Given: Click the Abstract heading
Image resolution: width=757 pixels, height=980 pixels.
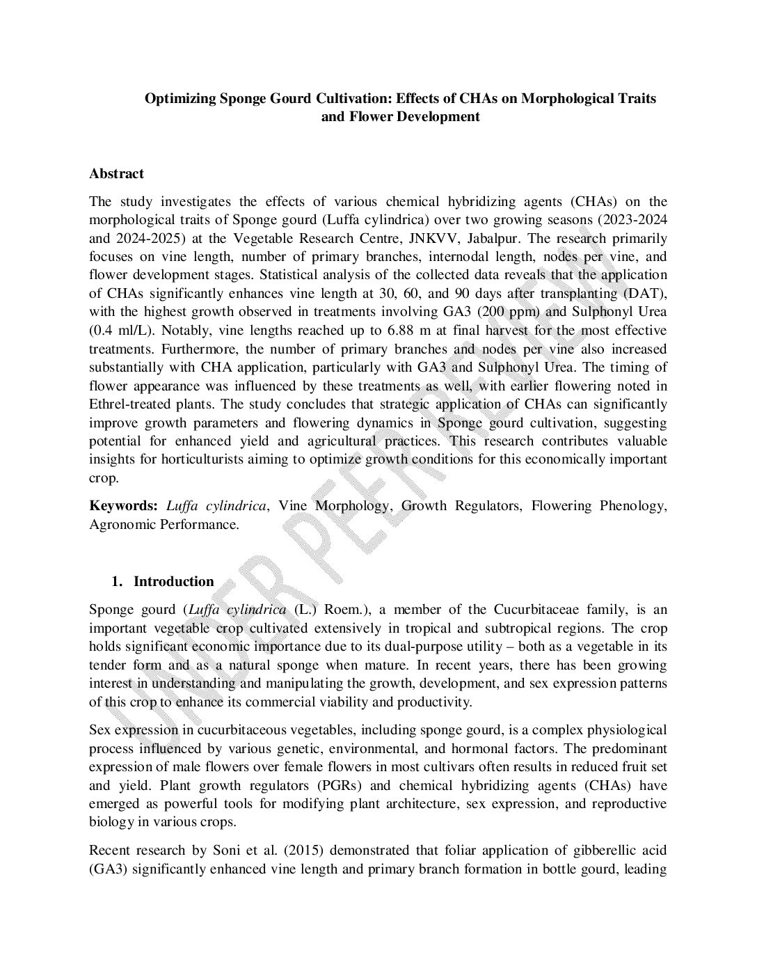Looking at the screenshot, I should (116, 173).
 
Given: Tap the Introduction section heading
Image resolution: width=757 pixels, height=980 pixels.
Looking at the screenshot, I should (173, 581).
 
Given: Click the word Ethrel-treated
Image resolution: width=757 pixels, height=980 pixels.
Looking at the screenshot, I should (128, 404).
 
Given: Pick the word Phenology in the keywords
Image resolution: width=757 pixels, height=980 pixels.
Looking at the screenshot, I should (635, 506).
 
